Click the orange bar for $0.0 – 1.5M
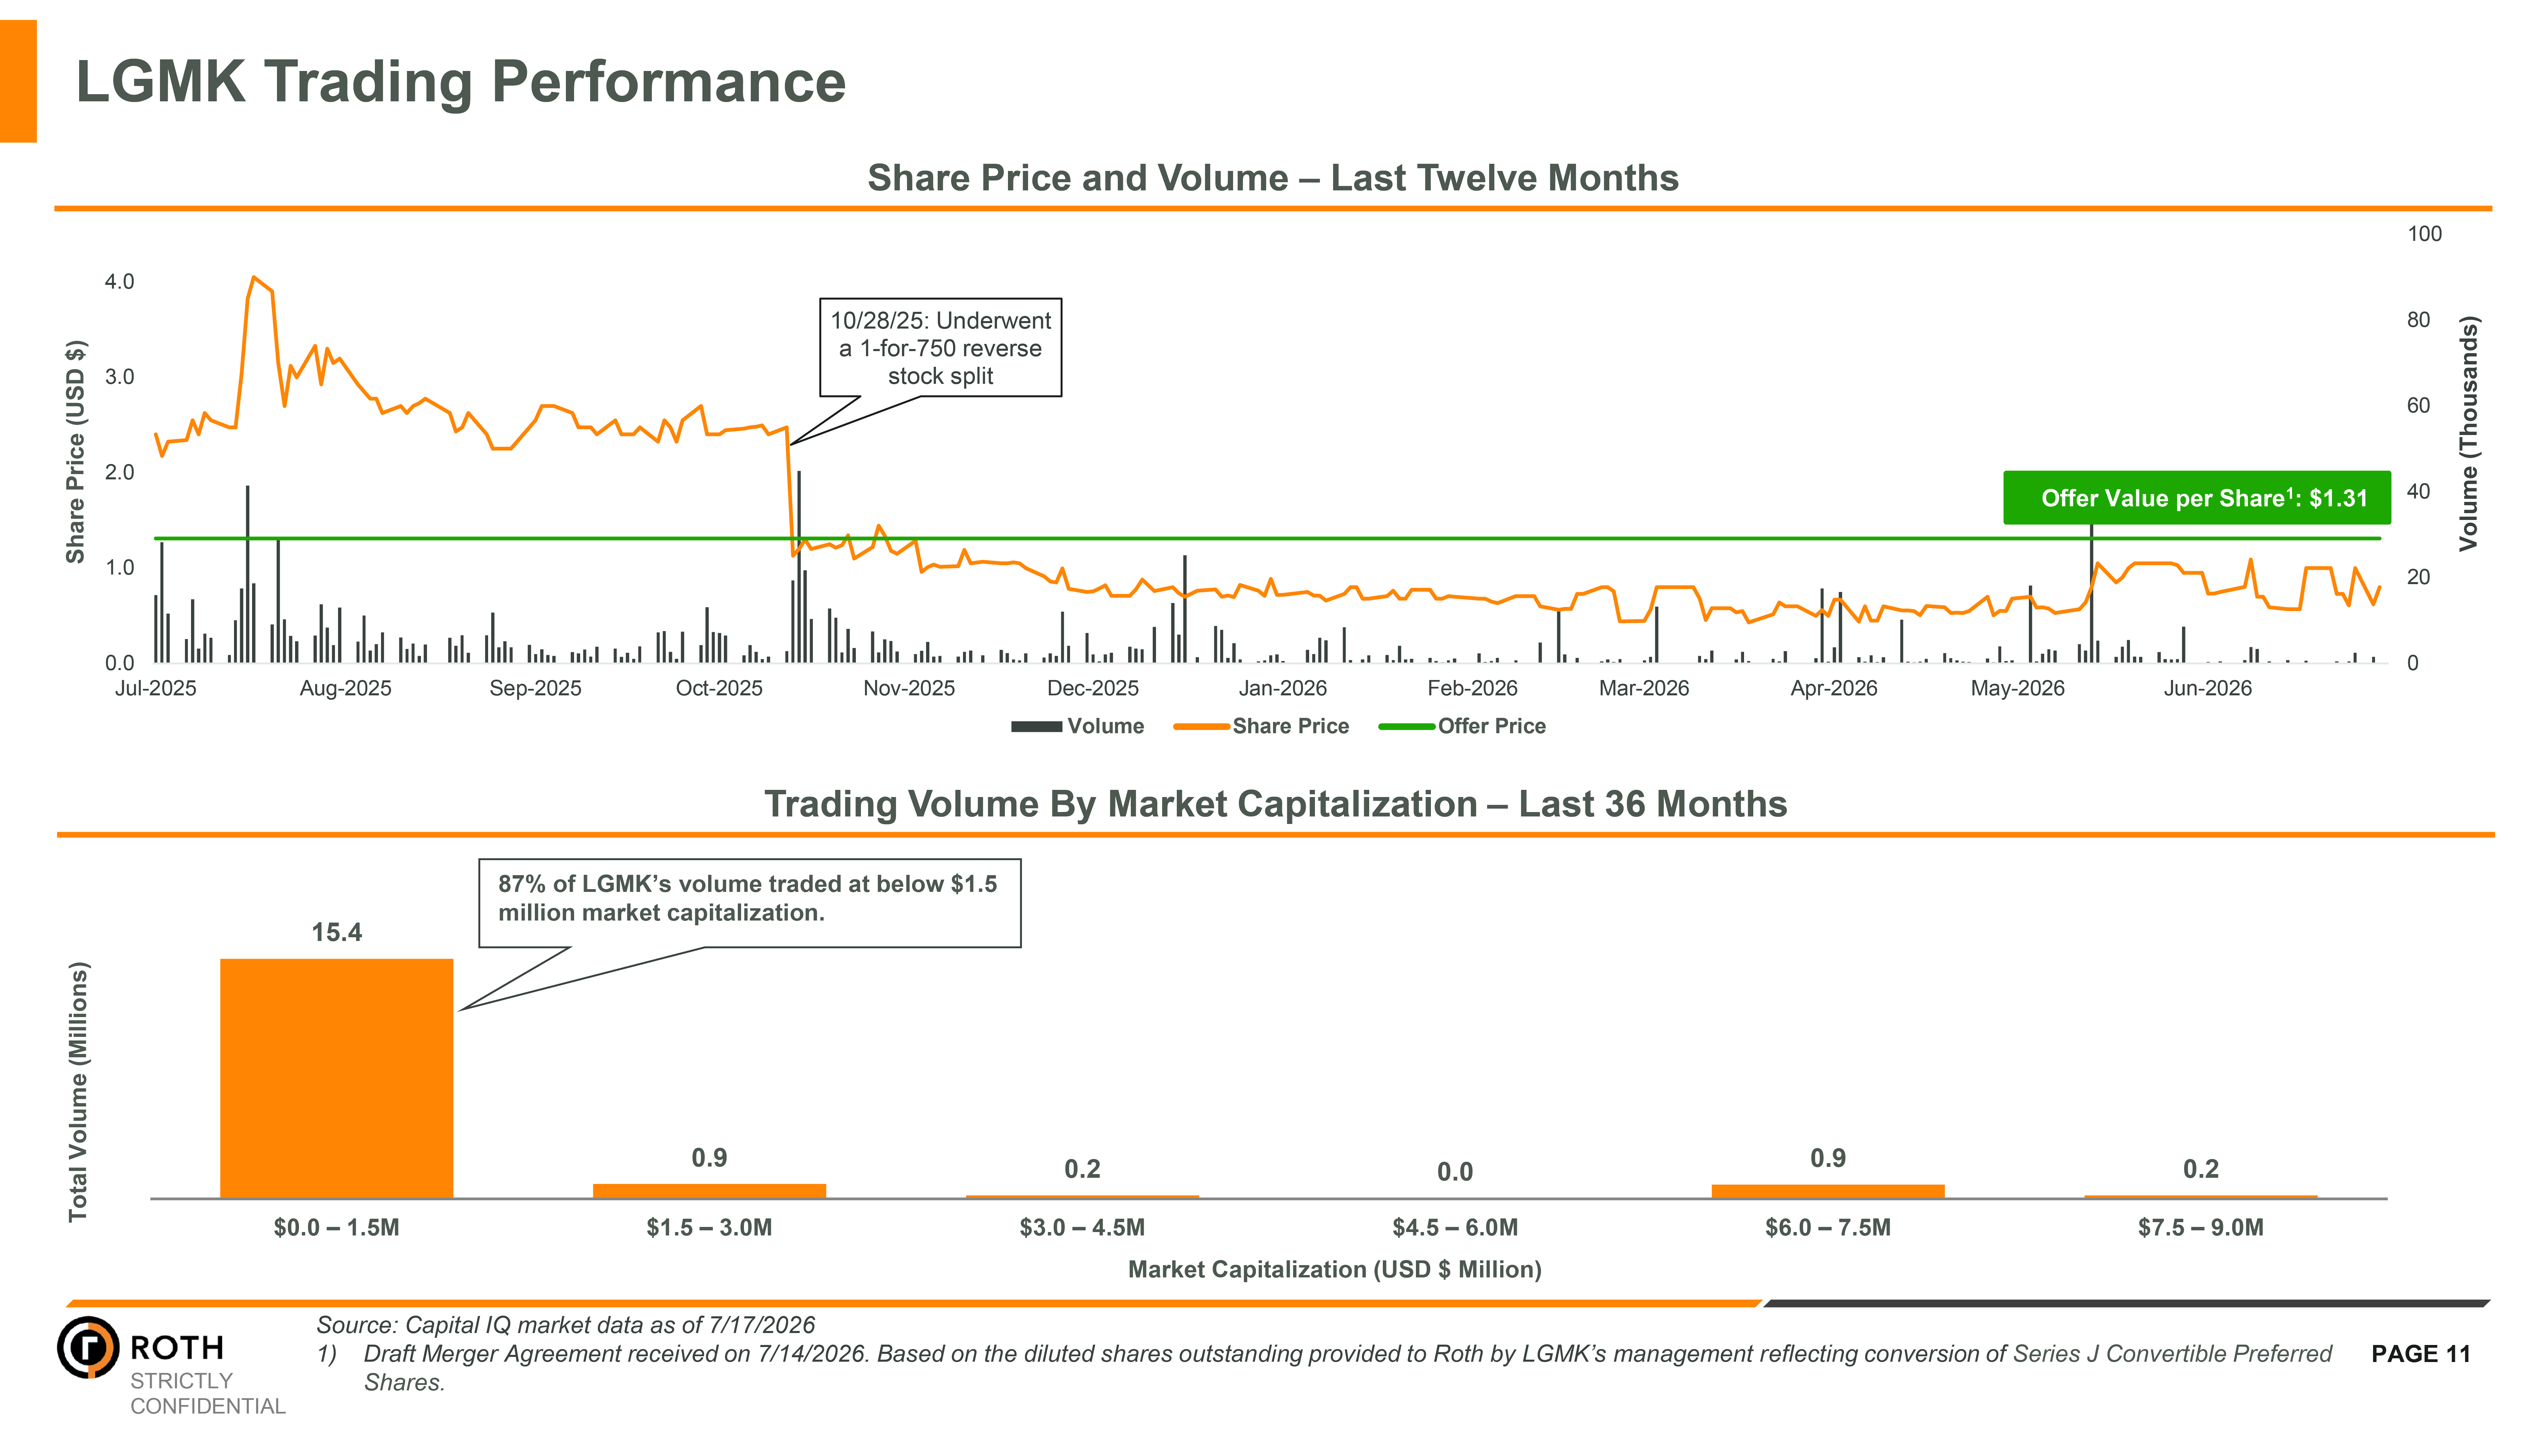click(x=336, y=1078)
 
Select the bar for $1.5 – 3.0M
click(x=709, y=1191)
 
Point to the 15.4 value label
click(x=336, y=932)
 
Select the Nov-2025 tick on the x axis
click(x=909, y=688)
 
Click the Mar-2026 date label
click(x=1643, y=688)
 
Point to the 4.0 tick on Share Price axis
click(x=120, y=282)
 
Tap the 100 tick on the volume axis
click(x=2424, y=234)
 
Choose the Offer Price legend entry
click(x=1461, y=726)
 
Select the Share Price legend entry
click(x=1261, y=726)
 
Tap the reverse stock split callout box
click(x=940, y=348)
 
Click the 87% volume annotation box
click(x=749, y=903)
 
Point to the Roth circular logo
click(x=88, y=1347)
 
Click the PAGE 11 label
click(x=2420, y=1354)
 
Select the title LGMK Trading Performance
click(x=461, y=81)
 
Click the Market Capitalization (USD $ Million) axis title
click(x=1335, y=1270)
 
